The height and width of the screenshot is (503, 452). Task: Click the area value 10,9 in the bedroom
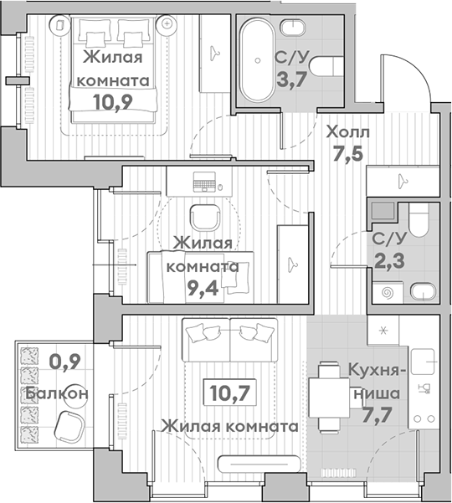(113, 102)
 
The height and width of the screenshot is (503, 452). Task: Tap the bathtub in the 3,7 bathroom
(258, 59)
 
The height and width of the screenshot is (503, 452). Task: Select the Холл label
(347, 132)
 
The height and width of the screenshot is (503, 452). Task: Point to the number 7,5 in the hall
(347, 153)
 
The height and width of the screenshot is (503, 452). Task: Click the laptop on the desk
(204, 182)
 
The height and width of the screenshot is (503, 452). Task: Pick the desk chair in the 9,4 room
(205, 218)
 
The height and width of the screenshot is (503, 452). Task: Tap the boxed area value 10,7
(229, 393)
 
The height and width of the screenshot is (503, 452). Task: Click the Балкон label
(57, 393)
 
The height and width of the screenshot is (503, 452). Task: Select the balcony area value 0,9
(64, 362)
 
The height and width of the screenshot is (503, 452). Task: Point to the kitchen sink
(423, 362)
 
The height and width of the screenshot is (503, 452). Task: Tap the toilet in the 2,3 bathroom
(419, 220)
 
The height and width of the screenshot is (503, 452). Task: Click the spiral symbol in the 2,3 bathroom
(388, 293)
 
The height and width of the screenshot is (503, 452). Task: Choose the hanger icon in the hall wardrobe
(403, 182)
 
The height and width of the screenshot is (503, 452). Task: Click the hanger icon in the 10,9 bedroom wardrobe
(213, 54)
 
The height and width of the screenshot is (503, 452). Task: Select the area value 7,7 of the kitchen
(377, 415)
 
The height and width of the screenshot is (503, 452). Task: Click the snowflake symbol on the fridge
(383, 331)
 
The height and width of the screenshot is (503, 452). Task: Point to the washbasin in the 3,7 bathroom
(293, 28)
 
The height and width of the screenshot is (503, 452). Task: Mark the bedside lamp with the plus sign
(167, 23)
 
